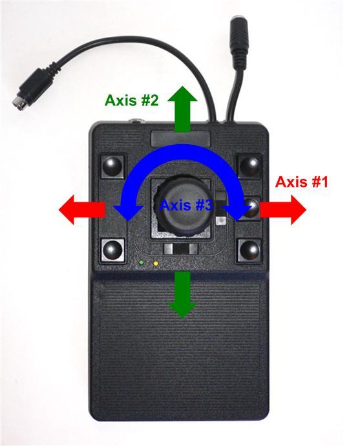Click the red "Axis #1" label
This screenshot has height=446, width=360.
tap(301, 182)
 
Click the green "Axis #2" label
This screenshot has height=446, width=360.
tap(131, 100)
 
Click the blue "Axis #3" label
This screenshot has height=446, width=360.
tap(185, 206)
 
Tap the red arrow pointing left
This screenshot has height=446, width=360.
tap(82, 209)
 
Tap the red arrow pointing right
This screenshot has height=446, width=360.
tap(283, 209)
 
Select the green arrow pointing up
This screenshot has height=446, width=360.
tap(182, 109)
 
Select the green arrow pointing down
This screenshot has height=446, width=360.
tap(182, 295)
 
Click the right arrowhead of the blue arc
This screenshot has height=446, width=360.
tap(236, 212)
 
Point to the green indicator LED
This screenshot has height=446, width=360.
tap(140, 262)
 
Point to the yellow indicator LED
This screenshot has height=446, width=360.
tap(155, 263)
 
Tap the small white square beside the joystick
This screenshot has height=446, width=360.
tap(220, 221)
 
